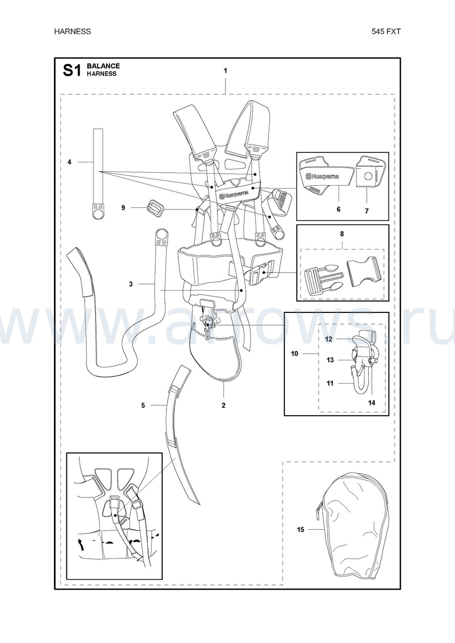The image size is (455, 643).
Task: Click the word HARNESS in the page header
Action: [72, 31]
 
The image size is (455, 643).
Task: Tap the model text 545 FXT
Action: [386, 31]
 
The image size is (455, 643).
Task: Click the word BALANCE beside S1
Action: [103, 66]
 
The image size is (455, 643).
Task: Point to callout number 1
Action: [226, 70]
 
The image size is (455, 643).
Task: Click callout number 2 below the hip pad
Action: [224, 405]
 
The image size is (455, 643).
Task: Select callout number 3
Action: [131, 284]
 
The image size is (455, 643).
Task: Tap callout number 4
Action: [69, 162]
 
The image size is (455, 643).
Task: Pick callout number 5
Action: [143, 405]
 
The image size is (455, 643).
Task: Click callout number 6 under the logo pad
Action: [339, 209]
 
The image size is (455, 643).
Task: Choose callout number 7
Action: [366, 211]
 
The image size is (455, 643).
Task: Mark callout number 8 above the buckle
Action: [342, 234]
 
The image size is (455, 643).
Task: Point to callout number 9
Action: [123, 207]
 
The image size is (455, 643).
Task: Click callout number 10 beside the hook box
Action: [294, 353]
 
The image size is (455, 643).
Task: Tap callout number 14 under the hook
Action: [372, 403]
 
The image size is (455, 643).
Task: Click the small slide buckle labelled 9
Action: [156, 207]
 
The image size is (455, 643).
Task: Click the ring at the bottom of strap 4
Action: [98, 213]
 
